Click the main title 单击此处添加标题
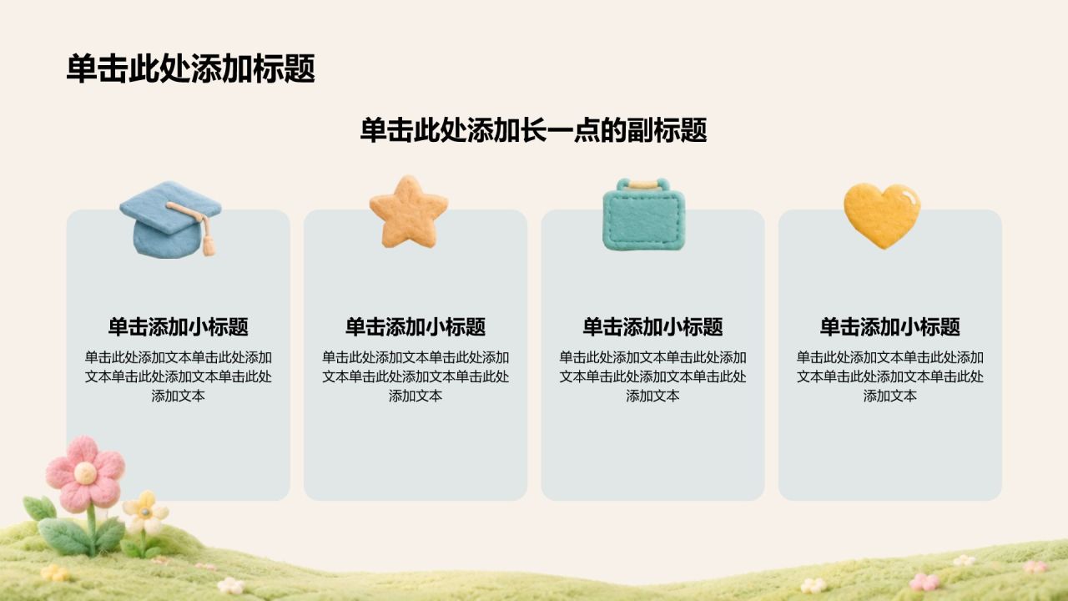pyautogui.click(x=191, y=68)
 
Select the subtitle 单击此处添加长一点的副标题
pyautogui.click(x=533, y=129)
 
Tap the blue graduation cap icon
pyautogui.click(x=171, y=220)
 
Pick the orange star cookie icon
pyautogui.click(x=409, y=212)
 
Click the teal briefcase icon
pyautogui.click(x=643, y=215)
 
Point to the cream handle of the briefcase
pyautogui.click(x=643, y=184)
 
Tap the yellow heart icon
pyautogui.click(x=882, y=215)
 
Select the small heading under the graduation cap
pyautogui.click(x=179, y=326)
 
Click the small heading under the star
pyautogui.click(x=416, y=326)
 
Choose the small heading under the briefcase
pyautogui.click(x=652, y=326)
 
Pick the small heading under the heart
pyautogui.click(x=890, y=326)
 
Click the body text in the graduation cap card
pyautogui.click(x=179, y=376)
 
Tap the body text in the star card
pyautogui.click(x=416, y=376)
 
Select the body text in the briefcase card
pyautogui.click(x=652, y=376)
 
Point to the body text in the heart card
pyautogui.click(x=890, y=376)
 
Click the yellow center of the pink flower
pyautogui.click(x=85, y=472)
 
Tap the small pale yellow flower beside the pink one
pyautogui.click(x=145, y=513)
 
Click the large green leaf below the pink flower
pyautogui.click(x=64, y=536)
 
